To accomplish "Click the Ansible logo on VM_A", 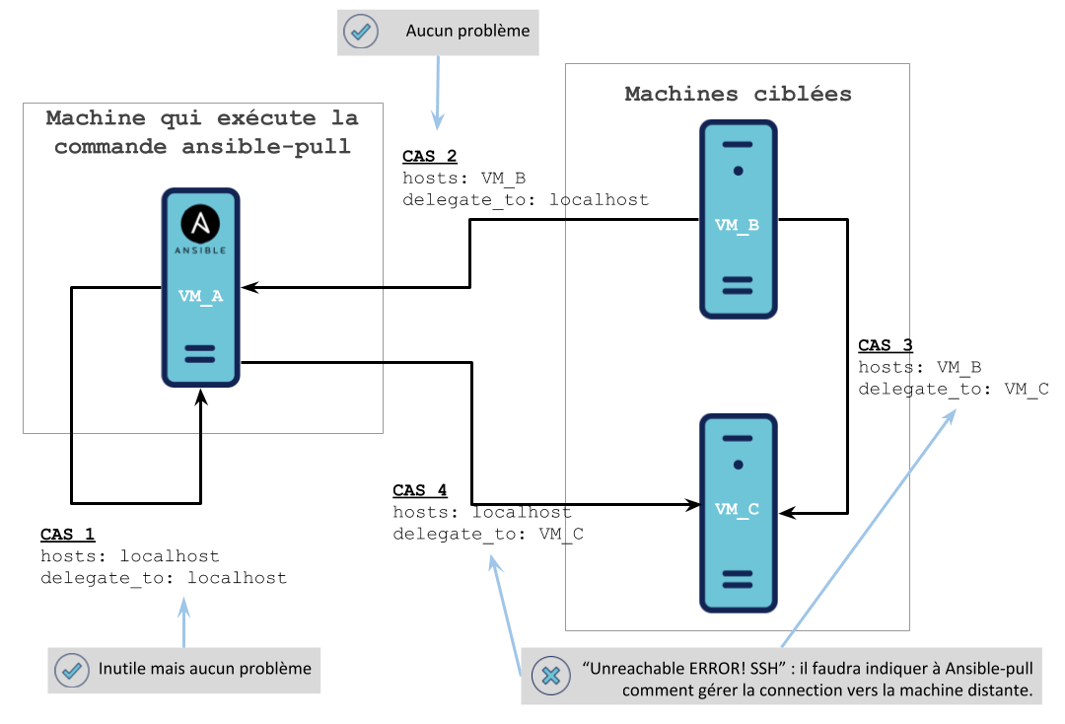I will [201, 226].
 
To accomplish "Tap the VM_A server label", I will [200, 295].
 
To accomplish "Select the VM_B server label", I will [738, 226].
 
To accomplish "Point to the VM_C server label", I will [738, 510].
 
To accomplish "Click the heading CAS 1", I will [67, 535].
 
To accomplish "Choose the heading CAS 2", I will [430, 157].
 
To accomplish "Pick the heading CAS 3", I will [886, 345].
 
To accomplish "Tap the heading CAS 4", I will [420, 491].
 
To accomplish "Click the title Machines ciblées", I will [738, 95].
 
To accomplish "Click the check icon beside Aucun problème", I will [361, 32].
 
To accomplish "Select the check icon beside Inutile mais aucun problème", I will [71, 670].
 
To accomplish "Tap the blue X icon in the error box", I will [551, 676].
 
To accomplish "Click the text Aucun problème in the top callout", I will [467, 32].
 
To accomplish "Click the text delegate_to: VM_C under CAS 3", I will [954, 389].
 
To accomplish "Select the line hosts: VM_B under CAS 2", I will [463, 179].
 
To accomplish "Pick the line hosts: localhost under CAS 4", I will [482, 513].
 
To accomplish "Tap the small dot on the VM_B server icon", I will [738, 171].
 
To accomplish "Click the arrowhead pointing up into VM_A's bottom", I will [201, 395].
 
